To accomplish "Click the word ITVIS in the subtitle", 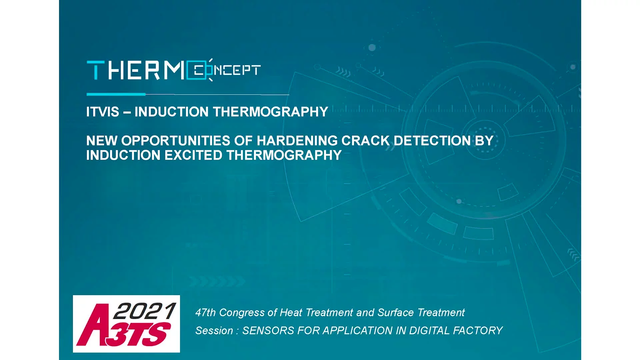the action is coord(103,112).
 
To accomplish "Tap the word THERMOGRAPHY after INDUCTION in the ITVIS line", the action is coord(271,112).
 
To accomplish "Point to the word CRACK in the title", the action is coord(366,141).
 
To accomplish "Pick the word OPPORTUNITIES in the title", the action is coord(176,141).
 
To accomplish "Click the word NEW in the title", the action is coord(102,141).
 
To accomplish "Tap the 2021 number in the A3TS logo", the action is coord(145,311).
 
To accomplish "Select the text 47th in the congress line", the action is coord(206,313).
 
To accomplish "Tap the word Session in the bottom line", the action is coord(214,331).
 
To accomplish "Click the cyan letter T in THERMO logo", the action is coord(96,70).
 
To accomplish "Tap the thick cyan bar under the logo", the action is coord(116,94).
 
